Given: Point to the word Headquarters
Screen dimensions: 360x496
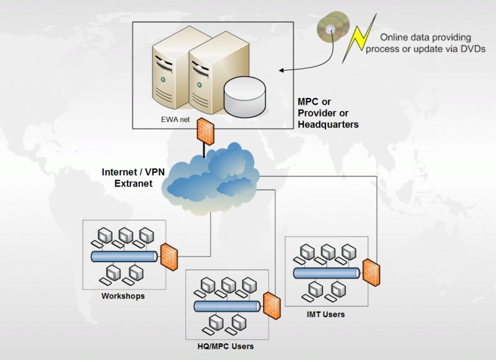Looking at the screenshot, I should pyautogui.click(x=328, y=124).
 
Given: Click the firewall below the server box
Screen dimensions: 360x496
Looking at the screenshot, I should pyautogui.click(x=205, y=130).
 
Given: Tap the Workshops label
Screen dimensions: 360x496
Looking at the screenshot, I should pyautogui.click(x=123, y=296).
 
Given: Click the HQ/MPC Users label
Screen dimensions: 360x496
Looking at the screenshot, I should pyautogui.click(x=221, y=346).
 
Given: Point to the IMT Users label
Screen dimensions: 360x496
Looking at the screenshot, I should pyautogui.click(x=325, y=314).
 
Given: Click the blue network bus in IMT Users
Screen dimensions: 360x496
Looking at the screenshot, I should pyautogui.click(x=325, y=273).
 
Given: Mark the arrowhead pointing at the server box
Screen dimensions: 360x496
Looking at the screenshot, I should pyautogui.click(x=281, y=71).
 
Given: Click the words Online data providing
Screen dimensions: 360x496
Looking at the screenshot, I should pyautogui.click(x=425, y=38).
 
